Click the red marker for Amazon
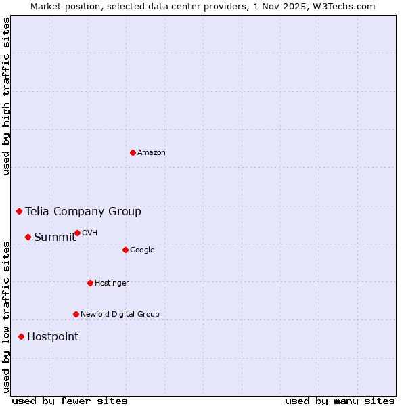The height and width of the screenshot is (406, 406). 133,152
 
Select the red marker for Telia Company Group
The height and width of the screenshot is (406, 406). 20,212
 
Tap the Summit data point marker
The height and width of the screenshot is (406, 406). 28,237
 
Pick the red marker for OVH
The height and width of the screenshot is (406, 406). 77,233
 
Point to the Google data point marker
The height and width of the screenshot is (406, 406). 125,250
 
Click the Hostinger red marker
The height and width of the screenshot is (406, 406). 90,283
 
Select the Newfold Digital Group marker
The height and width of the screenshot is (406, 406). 76,314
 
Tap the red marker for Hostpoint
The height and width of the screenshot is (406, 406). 21,336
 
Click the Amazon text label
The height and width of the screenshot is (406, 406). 152,153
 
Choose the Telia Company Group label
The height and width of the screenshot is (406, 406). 83,212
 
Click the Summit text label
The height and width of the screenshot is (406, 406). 55,237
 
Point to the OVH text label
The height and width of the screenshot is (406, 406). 90,233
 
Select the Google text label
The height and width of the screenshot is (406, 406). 142,250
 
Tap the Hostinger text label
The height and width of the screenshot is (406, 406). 112,284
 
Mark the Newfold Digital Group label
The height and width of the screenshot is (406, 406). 120,314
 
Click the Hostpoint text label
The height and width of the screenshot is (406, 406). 53,337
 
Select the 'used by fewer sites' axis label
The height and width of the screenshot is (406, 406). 70,401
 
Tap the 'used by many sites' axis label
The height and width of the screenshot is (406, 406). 340,401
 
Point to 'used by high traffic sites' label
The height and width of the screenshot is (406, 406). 7,96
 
